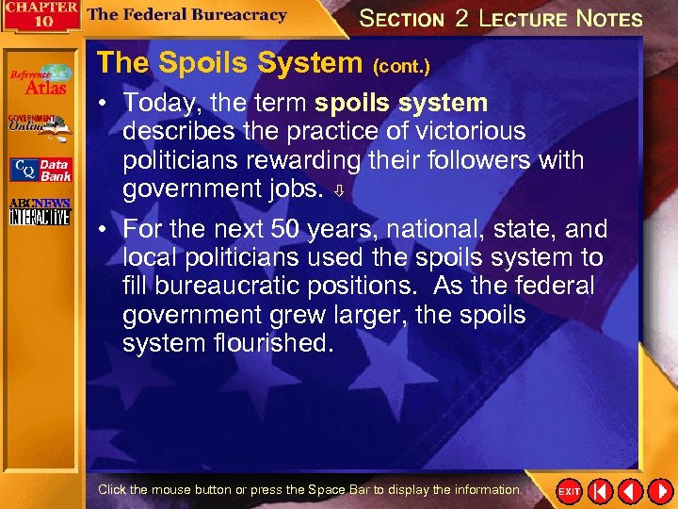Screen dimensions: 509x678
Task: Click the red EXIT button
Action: (x=570, y=491)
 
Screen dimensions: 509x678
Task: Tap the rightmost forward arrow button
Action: (x=659, y=491)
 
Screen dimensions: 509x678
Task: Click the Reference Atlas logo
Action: (x=40, y=80)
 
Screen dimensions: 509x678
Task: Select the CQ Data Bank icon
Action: (x=40, y=170)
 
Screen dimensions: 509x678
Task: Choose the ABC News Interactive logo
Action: (x=39, y=213)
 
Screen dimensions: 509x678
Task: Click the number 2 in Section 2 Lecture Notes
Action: (x=460, y=19)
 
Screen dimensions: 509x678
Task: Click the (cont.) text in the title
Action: (x=402, y=67)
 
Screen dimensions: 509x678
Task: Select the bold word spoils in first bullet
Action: (x=354, y=102)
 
